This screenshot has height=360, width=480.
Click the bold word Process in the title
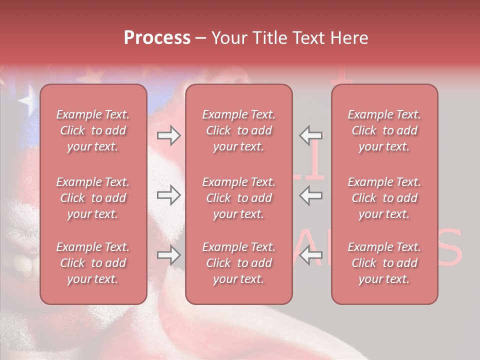[157, 38]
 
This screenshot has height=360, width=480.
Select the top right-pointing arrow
[169, 135]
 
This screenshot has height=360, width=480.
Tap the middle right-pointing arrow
[169, 195]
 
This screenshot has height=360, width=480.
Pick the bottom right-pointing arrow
[169, 255]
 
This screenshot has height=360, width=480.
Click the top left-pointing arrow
[311, 135]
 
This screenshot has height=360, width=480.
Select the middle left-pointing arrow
[311, 195]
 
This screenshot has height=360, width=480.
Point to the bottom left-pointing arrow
[311, 255]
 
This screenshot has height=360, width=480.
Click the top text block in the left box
[93, 130]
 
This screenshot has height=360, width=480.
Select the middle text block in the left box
[93, 198]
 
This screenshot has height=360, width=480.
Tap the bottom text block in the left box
[93, 263]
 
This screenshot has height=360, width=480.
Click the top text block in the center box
[239, 130]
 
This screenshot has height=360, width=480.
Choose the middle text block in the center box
[239, 198]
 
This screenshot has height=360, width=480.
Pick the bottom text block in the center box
[239, 263]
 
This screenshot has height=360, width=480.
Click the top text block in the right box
[384, 130]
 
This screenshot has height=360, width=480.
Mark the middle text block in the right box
[384, 198]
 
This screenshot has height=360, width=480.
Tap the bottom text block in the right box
[384, 263]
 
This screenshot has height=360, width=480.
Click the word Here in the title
[349, 38]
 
